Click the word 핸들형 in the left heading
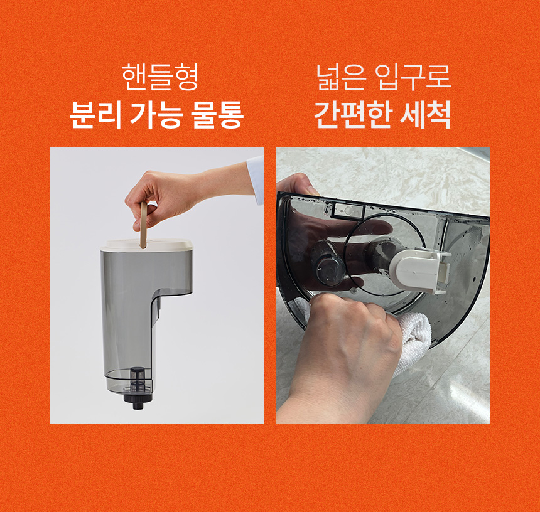pos(160,77)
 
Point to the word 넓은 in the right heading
pos(340,77)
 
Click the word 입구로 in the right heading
pos(413,77)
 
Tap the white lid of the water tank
pos(147,245)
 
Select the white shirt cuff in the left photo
pos(256,179)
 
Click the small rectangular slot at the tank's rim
pos(349,210)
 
